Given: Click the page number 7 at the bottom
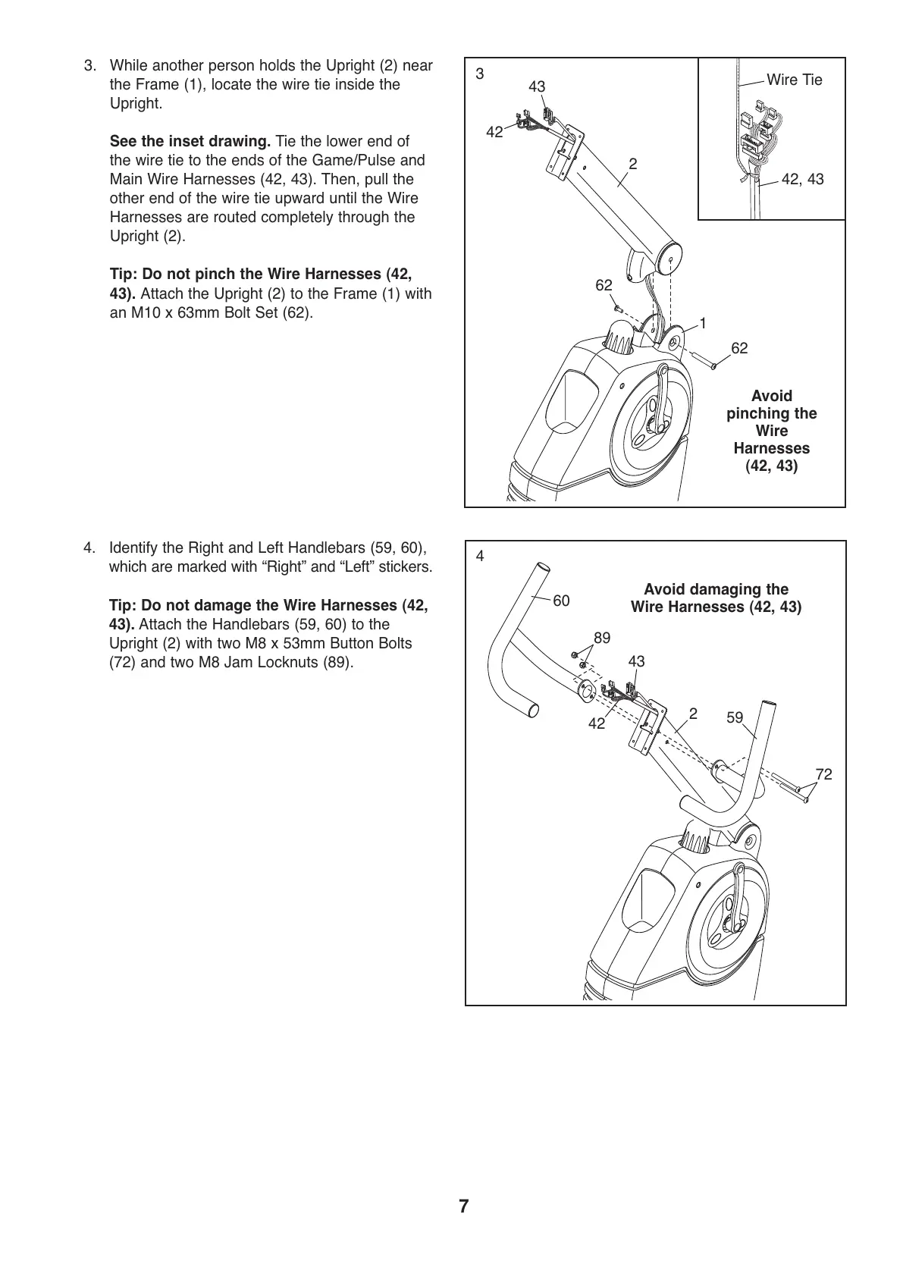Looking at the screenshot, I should pos(464,1206).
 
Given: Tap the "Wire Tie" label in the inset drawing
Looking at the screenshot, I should pos(794,80).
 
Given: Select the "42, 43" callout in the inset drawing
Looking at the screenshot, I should pos(801,180).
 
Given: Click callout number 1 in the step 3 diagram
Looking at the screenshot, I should pos(703,324).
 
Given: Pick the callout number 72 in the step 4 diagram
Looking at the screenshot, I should pos(823,774).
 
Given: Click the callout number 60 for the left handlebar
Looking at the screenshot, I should pos(561,601).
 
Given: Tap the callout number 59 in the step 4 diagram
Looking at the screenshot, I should pos(735,717).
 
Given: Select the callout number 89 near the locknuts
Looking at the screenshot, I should pos(601,638).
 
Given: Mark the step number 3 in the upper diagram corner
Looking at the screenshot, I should pos(479,74).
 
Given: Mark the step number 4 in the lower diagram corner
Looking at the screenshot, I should pos(479,557).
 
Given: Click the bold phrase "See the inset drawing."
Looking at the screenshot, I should pos(190,141).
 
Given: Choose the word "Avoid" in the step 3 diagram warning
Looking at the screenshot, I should pos(771,396).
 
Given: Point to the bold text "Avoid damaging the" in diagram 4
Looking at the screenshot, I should pos(716,589).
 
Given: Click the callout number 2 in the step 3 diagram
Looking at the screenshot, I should pos(633,164).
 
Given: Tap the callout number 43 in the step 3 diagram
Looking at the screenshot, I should pos(537,87).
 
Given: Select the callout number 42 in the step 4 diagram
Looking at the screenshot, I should pos(597,724).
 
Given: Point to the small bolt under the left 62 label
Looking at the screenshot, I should pos(618,309).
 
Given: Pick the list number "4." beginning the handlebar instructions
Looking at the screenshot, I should pos(89,548).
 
